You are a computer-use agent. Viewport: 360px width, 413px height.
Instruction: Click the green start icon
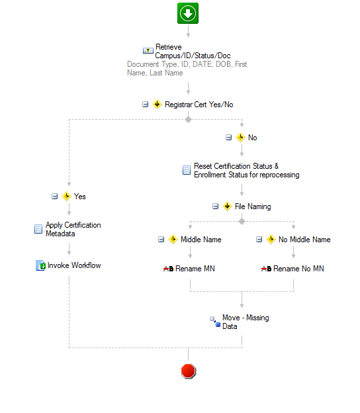click(x=188, y=13)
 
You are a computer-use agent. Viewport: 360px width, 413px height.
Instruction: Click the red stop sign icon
click(x=189, y=371)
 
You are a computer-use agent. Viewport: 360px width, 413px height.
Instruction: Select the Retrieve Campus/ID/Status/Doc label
click(x=193, y=51)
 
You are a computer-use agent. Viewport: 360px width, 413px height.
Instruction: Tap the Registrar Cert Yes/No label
click(x=199, y=105)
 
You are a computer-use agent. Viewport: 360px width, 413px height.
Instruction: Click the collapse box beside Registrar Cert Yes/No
click(x=145, y=105)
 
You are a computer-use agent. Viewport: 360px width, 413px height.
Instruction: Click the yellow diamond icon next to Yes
click(x=66, y=196)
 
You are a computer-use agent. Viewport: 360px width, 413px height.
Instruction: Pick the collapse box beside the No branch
click(x=228, y=137)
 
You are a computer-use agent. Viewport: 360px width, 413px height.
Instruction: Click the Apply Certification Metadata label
click(x=73, y=229)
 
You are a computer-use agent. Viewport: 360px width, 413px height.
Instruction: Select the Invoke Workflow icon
click(x=40, y=265)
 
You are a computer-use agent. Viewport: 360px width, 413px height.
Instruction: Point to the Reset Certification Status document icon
click(x=187, y=170)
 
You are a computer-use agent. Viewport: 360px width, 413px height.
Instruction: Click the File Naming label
click(x=253, y=206)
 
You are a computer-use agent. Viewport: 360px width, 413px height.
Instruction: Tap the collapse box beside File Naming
click(x=216, y=206)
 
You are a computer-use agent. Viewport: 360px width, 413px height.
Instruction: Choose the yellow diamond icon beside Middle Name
click(x=173, y=240)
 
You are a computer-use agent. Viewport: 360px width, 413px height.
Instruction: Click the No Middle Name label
click(x=304, y=240)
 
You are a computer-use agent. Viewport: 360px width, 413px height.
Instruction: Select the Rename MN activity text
click(x=195, y=269)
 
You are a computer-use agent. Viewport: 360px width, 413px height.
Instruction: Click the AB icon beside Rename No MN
click(x=266, y=269)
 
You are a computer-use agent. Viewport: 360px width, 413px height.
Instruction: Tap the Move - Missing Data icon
click(x=215, y=322)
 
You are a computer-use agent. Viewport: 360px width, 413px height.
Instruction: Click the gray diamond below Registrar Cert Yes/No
click(x=188, y=120)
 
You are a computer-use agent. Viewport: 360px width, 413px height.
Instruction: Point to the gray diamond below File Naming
click(x=242, y=221)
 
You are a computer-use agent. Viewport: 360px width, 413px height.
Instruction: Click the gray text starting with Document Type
click(x=187, y=68)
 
